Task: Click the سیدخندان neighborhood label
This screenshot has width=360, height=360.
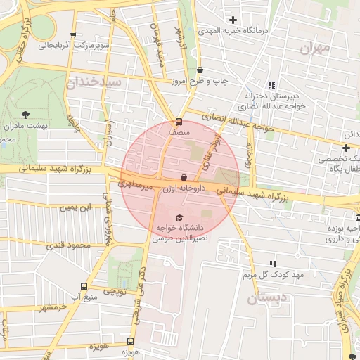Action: (96, 82)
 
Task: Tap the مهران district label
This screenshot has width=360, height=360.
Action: (314, 48)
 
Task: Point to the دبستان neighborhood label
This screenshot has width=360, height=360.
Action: (268, 298)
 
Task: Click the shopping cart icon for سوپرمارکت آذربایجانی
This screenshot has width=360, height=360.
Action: (73, 35)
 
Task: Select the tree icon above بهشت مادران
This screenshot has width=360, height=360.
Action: (26, 113)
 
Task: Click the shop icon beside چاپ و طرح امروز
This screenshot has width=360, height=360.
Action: (201, 70)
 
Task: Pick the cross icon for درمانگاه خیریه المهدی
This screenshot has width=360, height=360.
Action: (233, 20)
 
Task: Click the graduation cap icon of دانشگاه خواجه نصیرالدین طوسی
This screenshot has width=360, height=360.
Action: (179, 217)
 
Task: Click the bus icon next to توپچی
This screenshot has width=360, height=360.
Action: (84, 286)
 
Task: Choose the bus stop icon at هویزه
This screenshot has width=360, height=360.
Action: (131, 340)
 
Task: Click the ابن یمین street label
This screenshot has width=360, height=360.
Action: (75, 207)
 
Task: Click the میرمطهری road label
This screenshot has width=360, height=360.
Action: (134, 185)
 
